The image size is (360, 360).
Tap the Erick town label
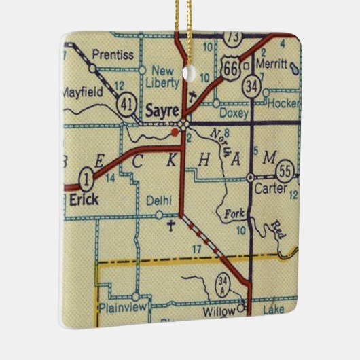point(84,199)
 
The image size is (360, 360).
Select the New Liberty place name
point(163,77)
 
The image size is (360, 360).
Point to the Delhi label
point(158,200)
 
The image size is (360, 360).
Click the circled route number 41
point(126,104)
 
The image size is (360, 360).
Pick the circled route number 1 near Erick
point(86,179)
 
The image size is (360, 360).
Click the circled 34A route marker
point(224,284)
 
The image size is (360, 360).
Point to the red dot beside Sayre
point(175,133)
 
